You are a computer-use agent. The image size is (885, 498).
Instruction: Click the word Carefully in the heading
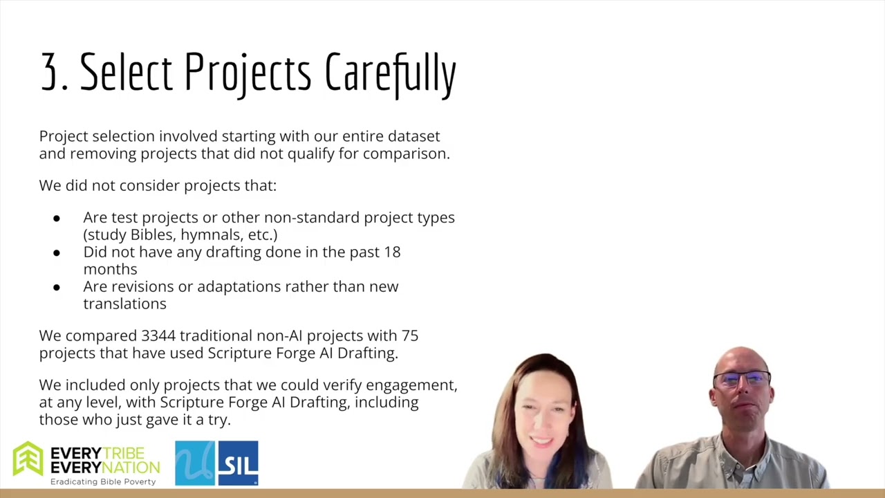(391, 75)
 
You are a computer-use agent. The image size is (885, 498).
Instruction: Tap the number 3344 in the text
(158, 335)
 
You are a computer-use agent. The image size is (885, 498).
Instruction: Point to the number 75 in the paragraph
(410, 335)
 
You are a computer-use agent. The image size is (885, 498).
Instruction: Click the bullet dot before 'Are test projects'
(57, 218)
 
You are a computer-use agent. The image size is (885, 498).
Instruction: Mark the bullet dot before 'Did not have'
(57, 252)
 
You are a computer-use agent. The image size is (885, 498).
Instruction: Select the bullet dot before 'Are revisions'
(57, 287)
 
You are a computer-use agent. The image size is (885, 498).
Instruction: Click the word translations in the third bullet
(125, 304)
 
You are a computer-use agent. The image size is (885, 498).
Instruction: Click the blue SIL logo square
(239, 463)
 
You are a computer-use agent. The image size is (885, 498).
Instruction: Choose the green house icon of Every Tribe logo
(28, 459)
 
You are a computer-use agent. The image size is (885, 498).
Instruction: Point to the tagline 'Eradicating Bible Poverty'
(103, 482)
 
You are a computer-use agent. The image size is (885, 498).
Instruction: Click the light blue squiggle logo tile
(195, 463)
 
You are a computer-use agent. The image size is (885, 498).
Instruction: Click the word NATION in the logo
(132, 468)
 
